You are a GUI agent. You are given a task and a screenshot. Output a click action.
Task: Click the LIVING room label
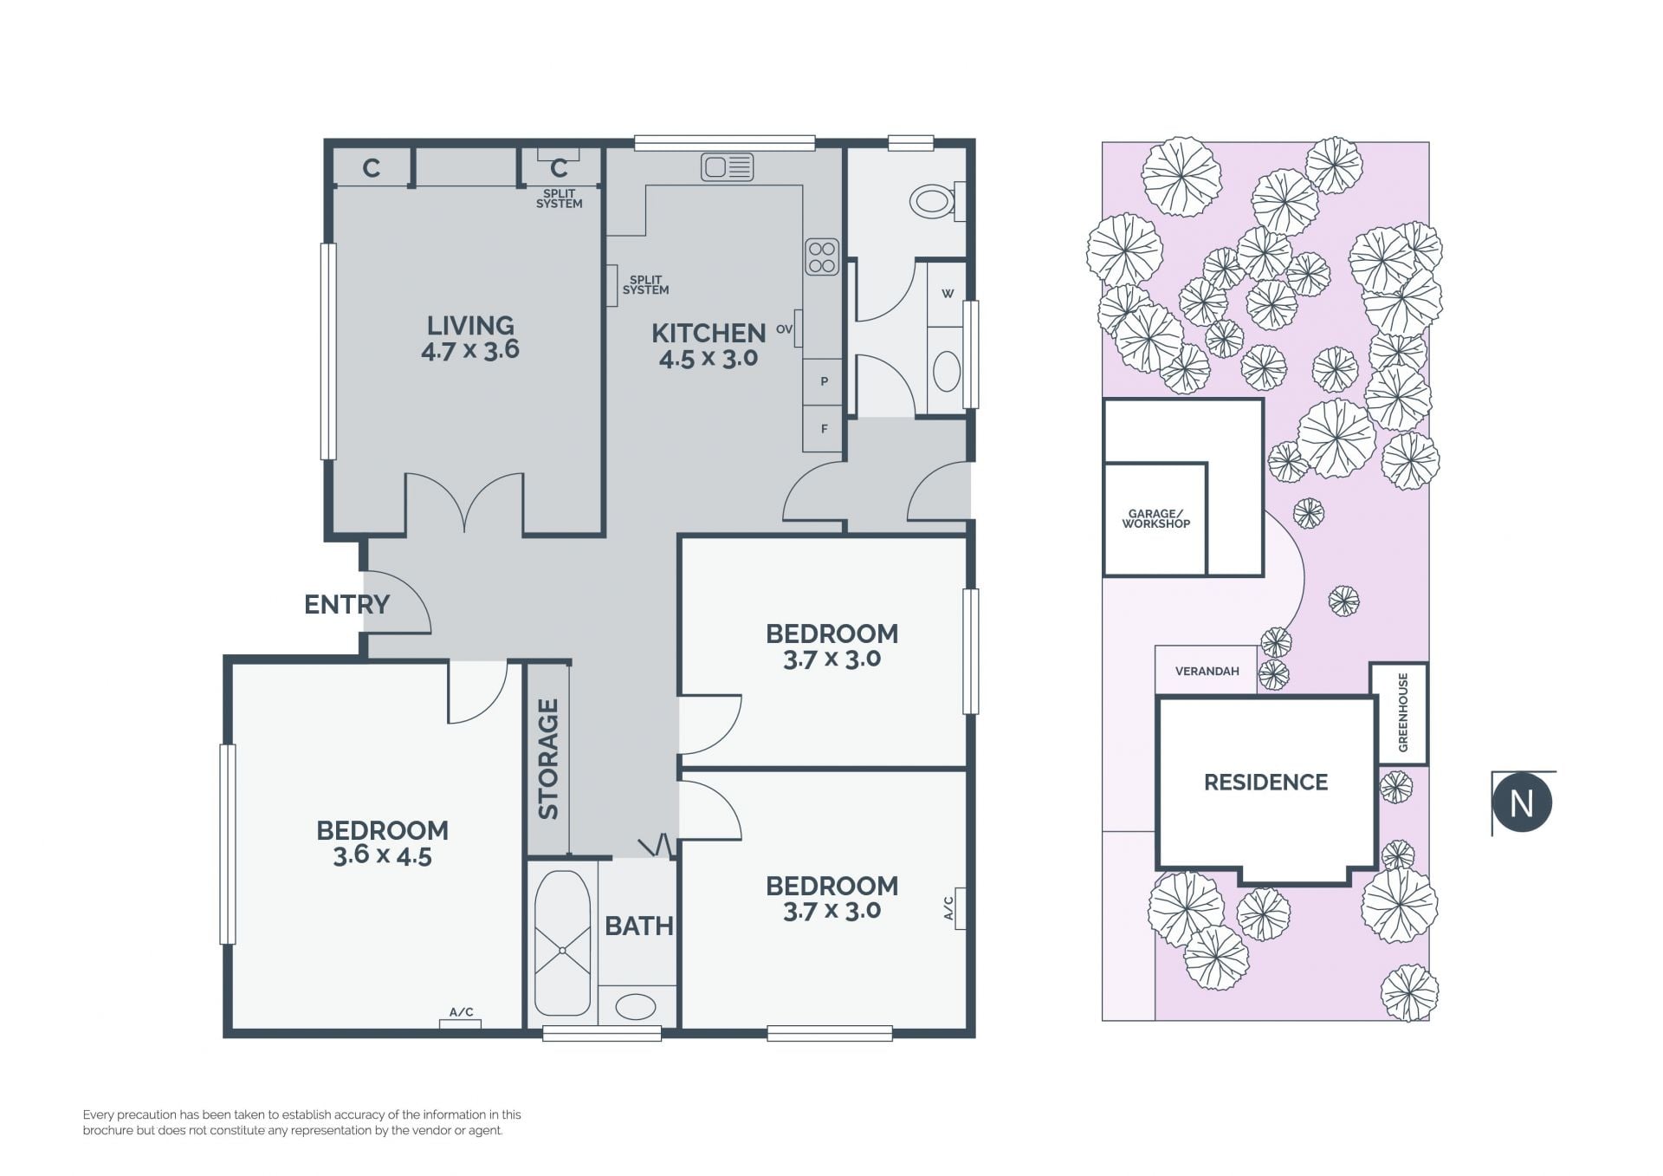click(470, 326)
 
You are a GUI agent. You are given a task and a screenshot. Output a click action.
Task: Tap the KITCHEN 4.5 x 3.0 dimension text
click(709, 358)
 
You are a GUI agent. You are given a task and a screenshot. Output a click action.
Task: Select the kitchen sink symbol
click(728, 166)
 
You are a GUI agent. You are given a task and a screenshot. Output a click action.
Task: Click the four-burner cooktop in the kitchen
click(821, 257)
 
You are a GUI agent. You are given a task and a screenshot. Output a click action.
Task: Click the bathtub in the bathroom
click(563, 943)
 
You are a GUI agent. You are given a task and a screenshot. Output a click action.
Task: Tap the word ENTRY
click(346, 604)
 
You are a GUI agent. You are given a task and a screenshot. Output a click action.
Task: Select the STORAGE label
click(548, 759)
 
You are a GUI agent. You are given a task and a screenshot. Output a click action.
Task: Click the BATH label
click(639, 926)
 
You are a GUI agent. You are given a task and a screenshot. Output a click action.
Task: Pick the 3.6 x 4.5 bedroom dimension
click(382, 856)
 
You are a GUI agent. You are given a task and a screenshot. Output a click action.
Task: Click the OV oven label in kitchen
click(785, 329)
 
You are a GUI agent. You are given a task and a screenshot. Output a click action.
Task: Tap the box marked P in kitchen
click(824, 381)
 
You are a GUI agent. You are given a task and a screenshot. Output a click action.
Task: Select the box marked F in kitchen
click(824, 429)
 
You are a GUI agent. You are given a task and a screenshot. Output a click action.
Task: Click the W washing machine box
click(947, 294)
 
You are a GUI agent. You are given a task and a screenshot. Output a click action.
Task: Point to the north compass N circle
click(1522, 803)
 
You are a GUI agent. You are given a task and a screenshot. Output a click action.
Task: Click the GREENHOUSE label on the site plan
click(1403, 712)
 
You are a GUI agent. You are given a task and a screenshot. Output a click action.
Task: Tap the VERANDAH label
click(1207, 671)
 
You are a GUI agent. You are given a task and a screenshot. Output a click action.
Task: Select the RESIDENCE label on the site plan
click(1265, 783)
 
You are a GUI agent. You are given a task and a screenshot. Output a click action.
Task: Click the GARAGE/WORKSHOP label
click(1156, 518)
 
